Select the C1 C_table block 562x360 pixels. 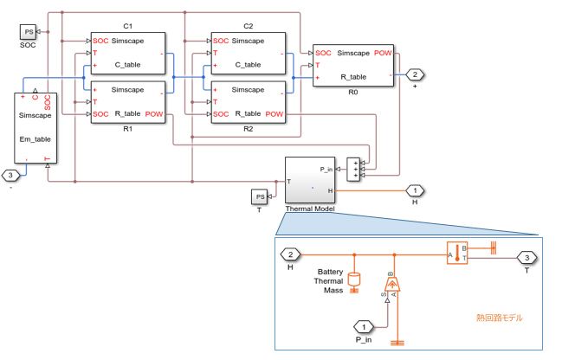128,54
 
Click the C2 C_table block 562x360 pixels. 249,54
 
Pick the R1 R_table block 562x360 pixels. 128,101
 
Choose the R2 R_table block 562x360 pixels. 249,101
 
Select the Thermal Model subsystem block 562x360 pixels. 310,181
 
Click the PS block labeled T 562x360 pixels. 259,196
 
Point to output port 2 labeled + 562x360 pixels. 415,74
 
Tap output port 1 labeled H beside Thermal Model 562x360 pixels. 415,190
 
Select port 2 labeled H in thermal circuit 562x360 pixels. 292,254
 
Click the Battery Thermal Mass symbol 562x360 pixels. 353,281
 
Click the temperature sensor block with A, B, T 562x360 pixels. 456,254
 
